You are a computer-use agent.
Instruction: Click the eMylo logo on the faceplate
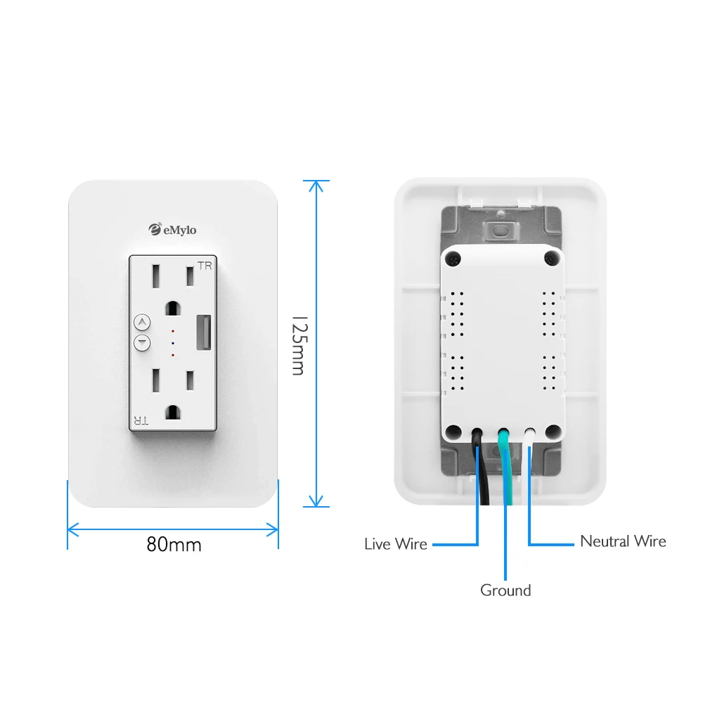tap(173, 228)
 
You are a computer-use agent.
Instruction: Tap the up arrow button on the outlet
tap(142, 323)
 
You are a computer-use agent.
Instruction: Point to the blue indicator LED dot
tap(173, 342)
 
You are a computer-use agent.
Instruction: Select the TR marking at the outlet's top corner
tap(205, 266)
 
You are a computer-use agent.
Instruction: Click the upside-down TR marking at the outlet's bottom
tap(141, 420)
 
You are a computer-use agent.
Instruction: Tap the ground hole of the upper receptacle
tap(172, 307)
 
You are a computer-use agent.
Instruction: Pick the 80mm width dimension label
tap(174, 544)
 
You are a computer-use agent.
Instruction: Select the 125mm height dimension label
tap(298, 344)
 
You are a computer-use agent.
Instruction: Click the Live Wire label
tap(396, 543)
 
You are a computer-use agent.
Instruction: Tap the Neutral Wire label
tap(623, 541)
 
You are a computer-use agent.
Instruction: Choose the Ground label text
tap(505, 591)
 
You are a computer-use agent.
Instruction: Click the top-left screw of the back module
tap(454, 259)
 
